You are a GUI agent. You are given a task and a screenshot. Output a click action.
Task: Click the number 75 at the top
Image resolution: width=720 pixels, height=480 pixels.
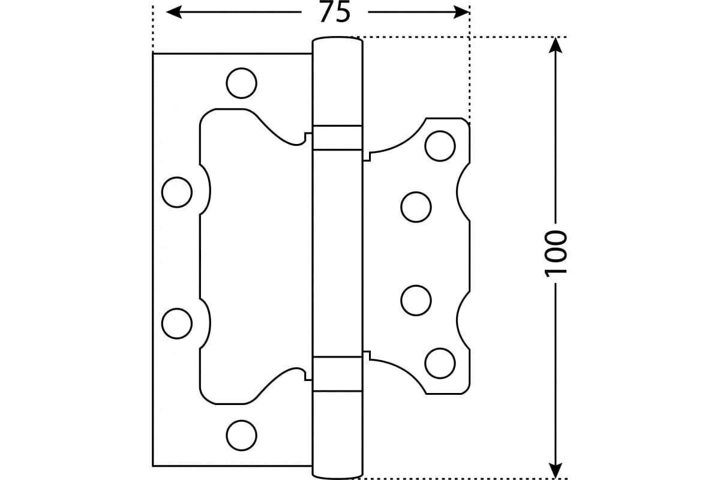tap(334, 12)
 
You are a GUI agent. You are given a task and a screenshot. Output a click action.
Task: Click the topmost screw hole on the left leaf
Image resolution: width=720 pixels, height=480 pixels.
tap(242, 83)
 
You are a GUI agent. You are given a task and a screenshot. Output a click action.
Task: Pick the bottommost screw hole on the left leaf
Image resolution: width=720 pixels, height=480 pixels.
tap(242, 434)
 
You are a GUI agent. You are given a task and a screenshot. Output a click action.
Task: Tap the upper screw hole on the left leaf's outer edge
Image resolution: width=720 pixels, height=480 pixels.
tap(177, 192)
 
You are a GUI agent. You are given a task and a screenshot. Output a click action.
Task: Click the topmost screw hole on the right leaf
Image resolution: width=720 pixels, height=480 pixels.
tap(440, 146)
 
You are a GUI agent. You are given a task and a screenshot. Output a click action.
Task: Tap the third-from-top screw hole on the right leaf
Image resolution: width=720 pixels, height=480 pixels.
tap(416, 300)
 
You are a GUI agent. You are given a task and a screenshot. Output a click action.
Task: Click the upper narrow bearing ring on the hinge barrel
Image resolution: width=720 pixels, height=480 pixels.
tap(338, 137)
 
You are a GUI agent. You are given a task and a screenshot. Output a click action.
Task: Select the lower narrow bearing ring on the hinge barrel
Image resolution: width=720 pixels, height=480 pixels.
tap(338, 373)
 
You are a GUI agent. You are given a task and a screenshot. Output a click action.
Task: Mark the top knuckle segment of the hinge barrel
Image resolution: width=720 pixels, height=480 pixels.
tap(338, 81)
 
